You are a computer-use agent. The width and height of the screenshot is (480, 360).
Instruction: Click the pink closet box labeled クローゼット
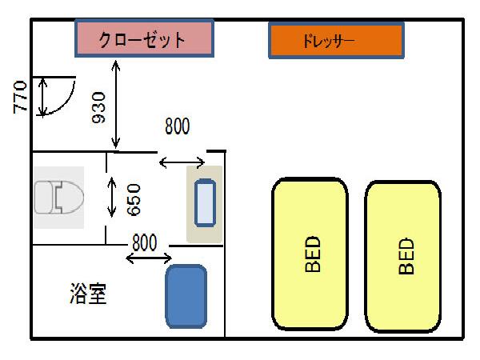click(x=144, y=38)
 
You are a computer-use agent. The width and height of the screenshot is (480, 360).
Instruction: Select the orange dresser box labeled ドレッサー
click(x=335, y=40)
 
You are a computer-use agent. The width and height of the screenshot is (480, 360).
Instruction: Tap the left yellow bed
click(x=310, y=254)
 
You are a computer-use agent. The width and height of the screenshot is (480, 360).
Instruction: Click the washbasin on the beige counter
click(x=206, y=204)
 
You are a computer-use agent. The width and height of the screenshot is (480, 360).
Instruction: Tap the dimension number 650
click(x=134, y=199)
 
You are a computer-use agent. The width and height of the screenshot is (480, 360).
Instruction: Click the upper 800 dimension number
click(x=178, y=126)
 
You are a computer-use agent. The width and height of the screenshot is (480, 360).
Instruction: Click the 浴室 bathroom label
click(x=88, y=294)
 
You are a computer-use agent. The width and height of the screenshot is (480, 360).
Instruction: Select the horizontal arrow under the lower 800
click(x=150, y=258)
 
